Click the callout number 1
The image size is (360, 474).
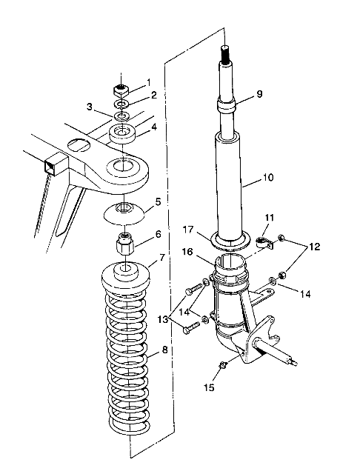coord(148,82)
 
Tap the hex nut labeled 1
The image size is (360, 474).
coord(121,90)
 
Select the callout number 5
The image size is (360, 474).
coord(158,201)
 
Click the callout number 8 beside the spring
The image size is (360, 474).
coord(164,350)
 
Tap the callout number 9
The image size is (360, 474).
coord(259,94)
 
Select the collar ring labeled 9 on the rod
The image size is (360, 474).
coord(227,107)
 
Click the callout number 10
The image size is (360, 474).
coord(268,177)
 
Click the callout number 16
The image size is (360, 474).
coord(187,252)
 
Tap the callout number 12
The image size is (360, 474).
coord(314,247)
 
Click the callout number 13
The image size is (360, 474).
coord(163,319)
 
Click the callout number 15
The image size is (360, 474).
coord(209,387)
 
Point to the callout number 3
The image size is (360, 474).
coord(90,107)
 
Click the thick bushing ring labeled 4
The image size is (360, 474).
coord(122,134)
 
